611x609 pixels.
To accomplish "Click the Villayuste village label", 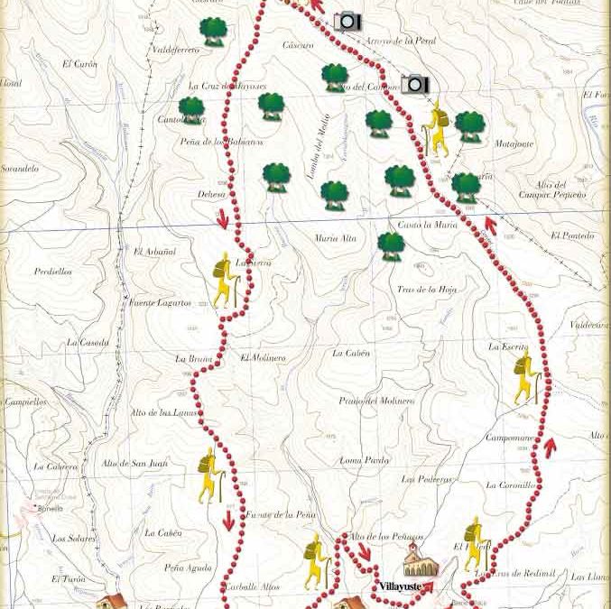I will coord(400,586).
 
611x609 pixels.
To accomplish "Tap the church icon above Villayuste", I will coord(421,560).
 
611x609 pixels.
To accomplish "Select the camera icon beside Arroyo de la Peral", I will coord(347,22).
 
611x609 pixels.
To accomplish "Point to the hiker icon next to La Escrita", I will coord(525,379).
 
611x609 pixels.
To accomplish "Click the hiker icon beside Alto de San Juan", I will coord(210,475).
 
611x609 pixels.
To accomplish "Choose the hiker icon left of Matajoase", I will coord(436,128).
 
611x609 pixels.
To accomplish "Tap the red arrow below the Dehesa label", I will coord(223,219).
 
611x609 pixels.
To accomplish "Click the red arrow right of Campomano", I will coord(550,447).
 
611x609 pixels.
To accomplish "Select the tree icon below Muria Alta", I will coord(391,246).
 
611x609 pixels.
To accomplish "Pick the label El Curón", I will coord(79,64).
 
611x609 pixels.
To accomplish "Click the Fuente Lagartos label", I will coord(160,303).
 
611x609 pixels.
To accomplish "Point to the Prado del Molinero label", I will coord(376,401).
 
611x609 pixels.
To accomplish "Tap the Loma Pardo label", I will coord(365,460).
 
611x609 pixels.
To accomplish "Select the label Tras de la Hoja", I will coord(427,290).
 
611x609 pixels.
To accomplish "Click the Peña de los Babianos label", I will coord(221,142).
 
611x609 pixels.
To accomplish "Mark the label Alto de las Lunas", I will coord(163,412).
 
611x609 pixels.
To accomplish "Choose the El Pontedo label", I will coord(572,236).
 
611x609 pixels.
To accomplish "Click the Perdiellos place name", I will coord(52,272).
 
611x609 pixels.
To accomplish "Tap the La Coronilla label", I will coord(511,485).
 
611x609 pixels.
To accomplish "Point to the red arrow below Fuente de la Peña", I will coord(228,521).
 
